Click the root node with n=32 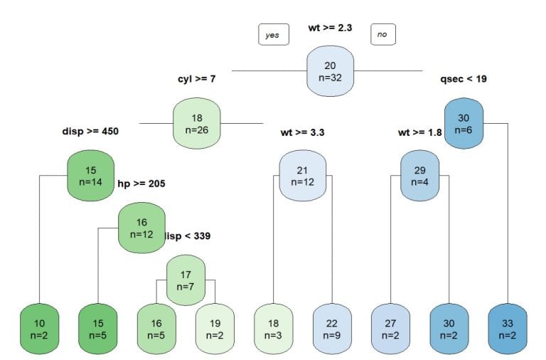330,71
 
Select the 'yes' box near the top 273,34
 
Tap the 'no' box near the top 383,34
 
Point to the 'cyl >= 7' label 196,79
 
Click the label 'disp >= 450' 91,131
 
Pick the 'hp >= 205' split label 141,184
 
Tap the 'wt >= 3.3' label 303,131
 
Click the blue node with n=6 464,124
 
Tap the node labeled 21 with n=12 303,176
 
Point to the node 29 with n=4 419,176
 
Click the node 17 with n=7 186,280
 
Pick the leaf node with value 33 508,329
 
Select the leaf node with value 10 39,329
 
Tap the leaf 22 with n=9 332,329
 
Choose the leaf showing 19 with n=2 215,329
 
